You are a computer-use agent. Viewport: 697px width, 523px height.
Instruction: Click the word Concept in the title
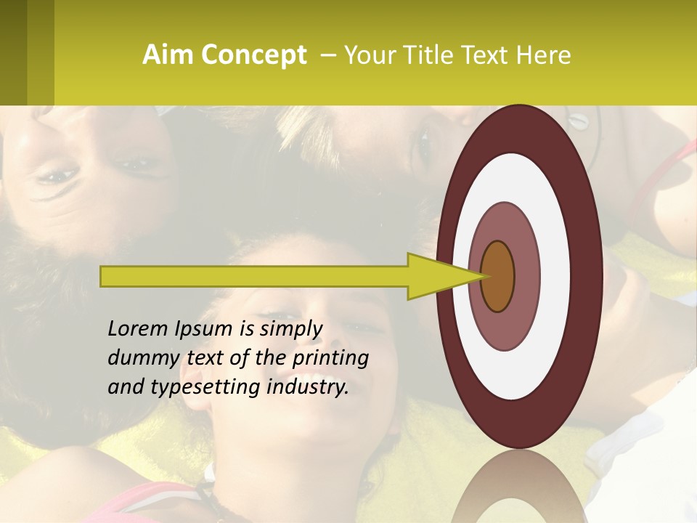(254, 55)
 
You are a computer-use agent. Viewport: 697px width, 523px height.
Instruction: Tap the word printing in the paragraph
(330, 358)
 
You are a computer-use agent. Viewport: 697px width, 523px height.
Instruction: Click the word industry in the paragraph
(307, 387)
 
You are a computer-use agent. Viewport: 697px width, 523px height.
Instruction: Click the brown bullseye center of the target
(497, 276)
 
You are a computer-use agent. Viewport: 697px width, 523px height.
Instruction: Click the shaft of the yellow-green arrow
(254, 277)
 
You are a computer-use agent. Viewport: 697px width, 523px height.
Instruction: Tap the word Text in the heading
(490, 55)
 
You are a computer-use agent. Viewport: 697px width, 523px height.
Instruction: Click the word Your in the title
(367, 55)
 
